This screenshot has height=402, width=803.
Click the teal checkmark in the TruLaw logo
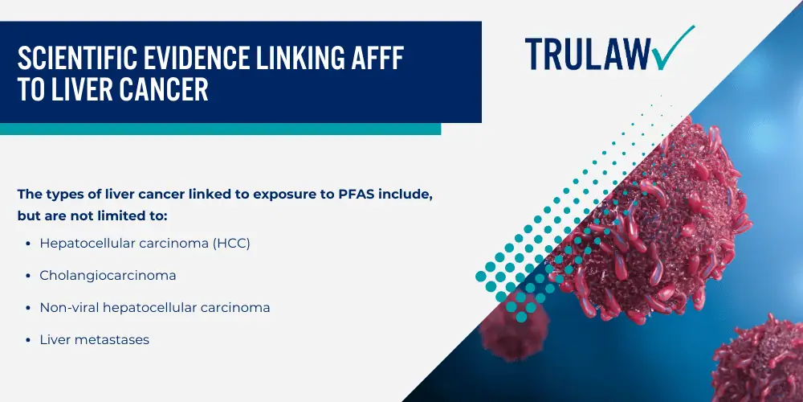click(671, 49)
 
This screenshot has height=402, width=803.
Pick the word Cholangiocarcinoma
click(108, 275)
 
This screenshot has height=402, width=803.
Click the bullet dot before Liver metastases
click(27, 340)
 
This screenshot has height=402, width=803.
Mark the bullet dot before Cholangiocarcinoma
click(27, 276)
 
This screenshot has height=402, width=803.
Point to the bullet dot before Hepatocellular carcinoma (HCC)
click(27, 244)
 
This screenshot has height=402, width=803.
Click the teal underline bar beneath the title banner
click(220, 129)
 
